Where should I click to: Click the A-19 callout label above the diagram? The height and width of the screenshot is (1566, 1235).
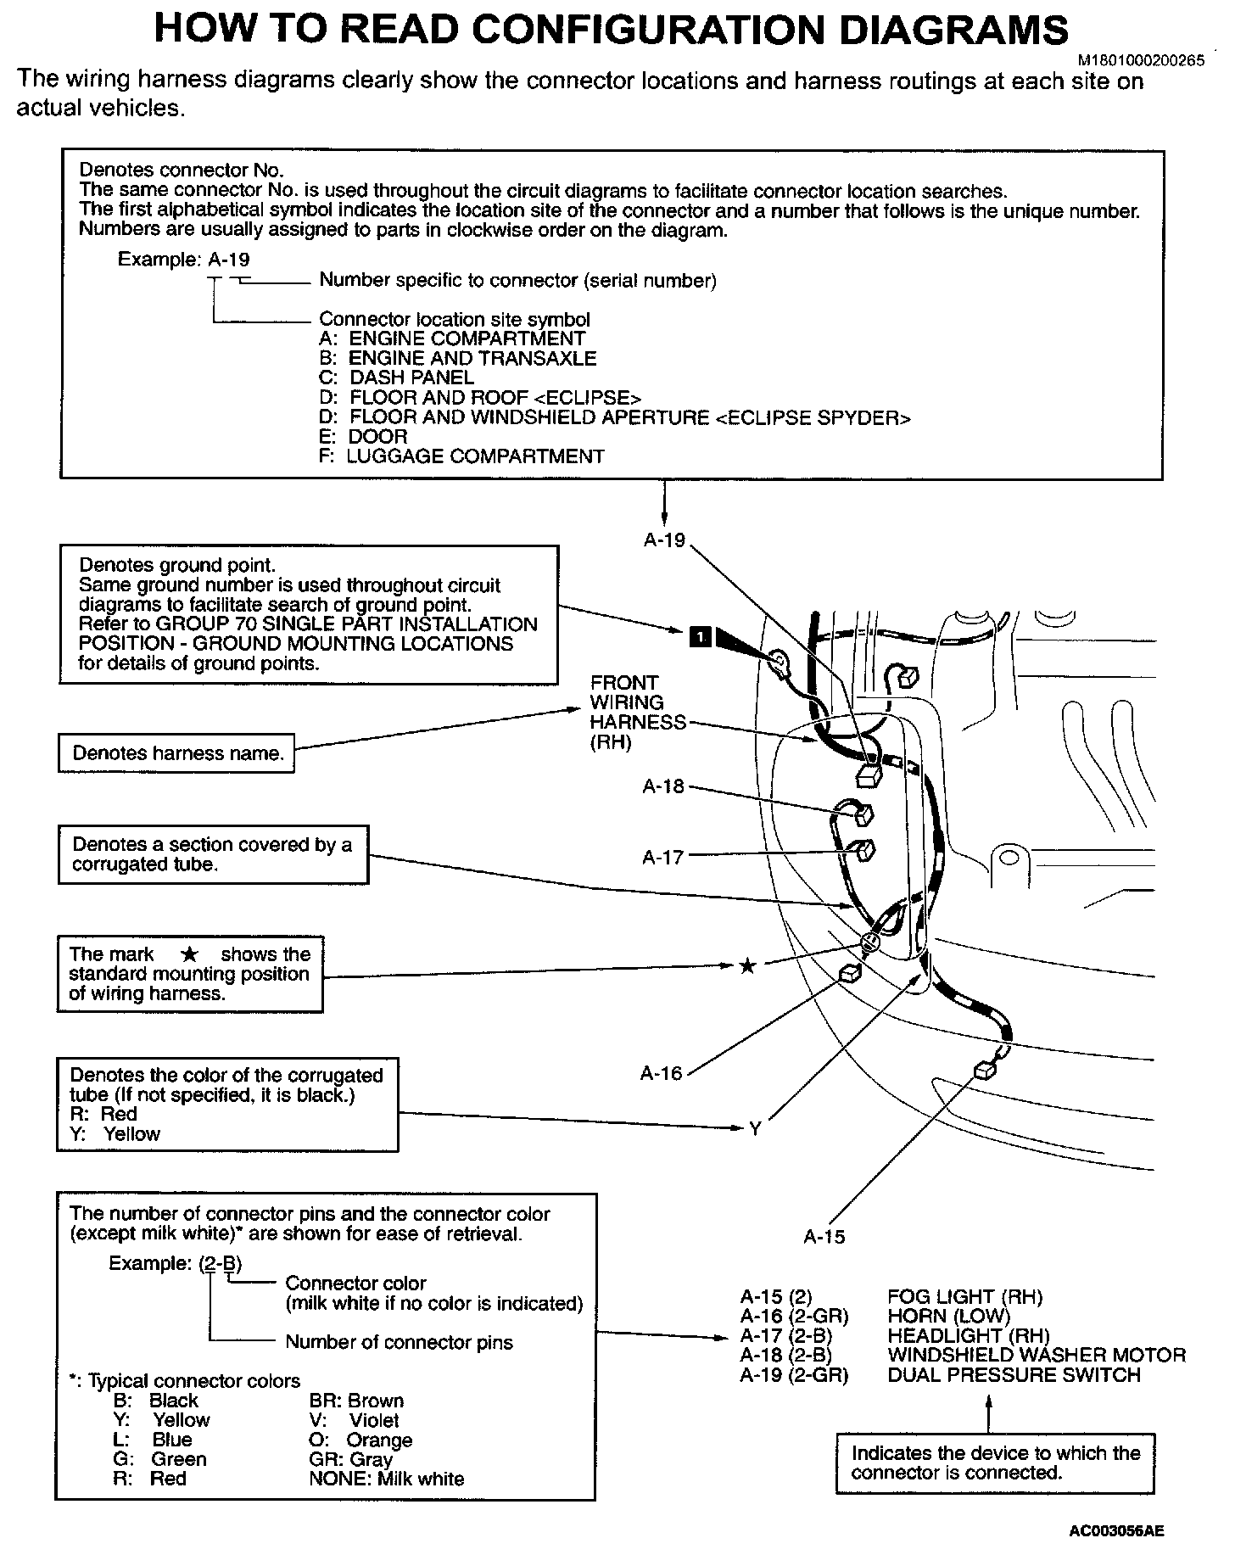(x=664, y=540)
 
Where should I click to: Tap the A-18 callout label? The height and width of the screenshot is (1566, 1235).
(x=662, y=786)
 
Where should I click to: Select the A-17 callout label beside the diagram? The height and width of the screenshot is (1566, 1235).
(x=662, y=857)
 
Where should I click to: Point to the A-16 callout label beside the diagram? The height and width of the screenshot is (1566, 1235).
(x=661, y=1074)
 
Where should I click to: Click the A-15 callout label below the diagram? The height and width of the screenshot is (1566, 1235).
(x=824, y=1237)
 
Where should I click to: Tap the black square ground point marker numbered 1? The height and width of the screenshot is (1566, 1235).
(x=701, y=635)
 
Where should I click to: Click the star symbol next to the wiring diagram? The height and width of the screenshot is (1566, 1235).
(x=746, y=965)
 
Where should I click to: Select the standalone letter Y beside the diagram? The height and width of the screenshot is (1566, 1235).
(x=755, y=1128)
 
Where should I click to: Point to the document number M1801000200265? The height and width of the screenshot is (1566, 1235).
(x=1141, y=61)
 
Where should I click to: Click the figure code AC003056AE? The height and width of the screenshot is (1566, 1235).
(x=1116, y=1531)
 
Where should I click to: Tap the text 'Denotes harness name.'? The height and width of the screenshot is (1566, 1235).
(x=177, y=753)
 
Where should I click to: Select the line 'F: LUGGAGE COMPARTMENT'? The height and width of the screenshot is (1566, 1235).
(x=461, y=456)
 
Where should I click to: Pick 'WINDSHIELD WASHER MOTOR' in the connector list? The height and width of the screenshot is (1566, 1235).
(x=1036, y=1355)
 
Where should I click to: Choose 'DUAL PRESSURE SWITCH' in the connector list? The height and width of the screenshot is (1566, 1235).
(x=1014, y=1374)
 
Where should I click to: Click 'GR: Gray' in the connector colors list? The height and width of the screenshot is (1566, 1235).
(x=350, y=1459)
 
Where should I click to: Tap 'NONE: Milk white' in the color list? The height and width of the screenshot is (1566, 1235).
(x=387, y=1479)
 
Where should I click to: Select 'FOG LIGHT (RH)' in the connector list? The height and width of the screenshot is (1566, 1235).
(x=964, y=1296)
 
